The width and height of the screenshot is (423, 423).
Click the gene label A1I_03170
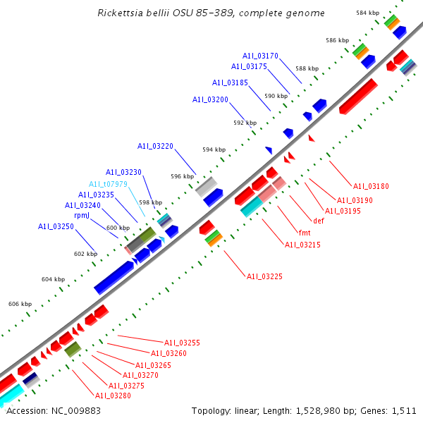[x=260, y=55]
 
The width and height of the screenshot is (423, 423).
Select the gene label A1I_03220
[x=155, y=146]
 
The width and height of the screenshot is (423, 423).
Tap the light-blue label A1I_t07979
[x=108, y=183]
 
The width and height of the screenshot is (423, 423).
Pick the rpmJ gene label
[x=82, y=216]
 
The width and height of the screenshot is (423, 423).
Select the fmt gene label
[x=305, y=233]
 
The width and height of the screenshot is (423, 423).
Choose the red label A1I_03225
[x=264, y=276]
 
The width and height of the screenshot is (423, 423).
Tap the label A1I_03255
[x=183, y=343]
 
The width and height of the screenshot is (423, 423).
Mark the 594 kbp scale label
[x=214, y=149]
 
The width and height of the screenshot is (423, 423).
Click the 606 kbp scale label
[x=20, y=304]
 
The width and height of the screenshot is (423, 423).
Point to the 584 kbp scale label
[x=367, y=13]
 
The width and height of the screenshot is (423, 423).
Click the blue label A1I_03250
[x=56, y=226]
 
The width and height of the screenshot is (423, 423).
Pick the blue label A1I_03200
[x=210, y=99]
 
